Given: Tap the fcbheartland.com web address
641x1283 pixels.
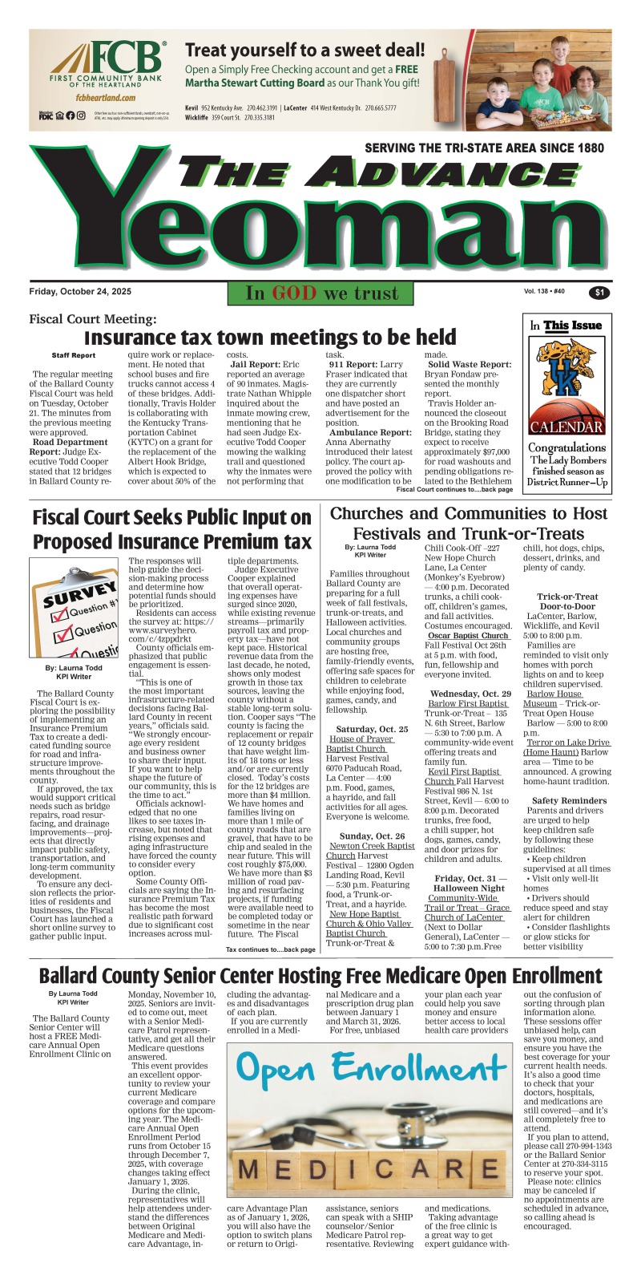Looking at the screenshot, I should [103, 97].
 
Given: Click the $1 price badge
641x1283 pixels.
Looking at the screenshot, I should [599, 293].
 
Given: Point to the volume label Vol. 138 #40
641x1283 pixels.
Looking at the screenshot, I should [545, 291].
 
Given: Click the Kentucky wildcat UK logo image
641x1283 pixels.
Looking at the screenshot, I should [567, 376].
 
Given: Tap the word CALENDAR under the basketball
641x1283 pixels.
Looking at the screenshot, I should [567, 427].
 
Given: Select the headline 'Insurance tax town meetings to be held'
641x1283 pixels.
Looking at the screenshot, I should [270, 337].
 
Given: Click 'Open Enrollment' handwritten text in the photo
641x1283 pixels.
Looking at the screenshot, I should [371, 1069].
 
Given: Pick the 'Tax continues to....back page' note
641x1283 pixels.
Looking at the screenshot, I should [271, 949].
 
